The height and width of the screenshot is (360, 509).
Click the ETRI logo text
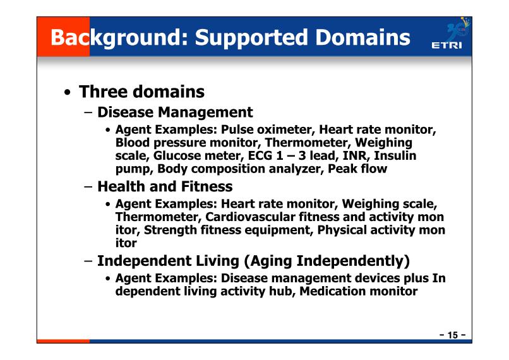(x=446, y=45)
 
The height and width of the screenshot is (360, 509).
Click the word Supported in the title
(x=251, y=38)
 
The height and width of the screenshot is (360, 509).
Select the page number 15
(x=453, y=335)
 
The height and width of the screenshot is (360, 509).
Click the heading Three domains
(x=141, y=92)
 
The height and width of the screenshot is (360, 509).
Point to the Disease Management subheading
(x=175, y=112)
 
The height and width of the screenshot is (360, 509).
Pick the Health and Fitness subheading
(x=165, y=186)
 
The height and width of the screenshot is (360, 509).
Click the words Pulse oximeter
(x=268, y=129)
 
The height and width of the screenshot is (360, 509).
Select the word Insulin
(x=395, y=155)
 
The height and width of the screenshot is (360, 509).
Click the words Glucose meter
(x=198, y=156)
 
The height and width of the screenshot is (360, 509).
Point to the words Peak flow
(x=357, y=169)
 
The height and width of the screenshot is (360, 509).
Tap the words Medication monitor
(x=358, y=291)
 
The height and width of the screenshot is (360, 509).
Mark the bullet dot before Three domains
(x=67, y=92)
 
